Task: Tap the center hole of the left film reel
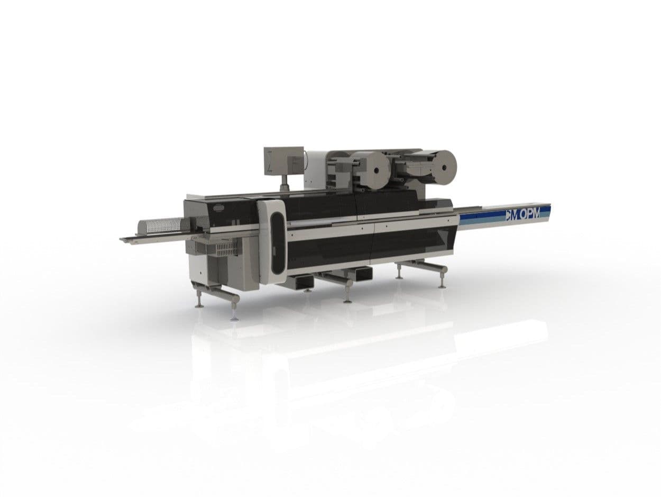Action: click(376, 170)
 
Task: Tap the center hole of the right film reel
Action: click(443, 167)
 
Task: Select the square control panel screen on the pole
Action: click(283, 161)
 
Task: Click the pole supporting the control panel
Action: click(283, 183)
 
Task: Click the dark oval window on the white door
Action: click(278, 242)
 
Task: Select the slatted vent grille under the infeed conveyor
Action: click(226, 249)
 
